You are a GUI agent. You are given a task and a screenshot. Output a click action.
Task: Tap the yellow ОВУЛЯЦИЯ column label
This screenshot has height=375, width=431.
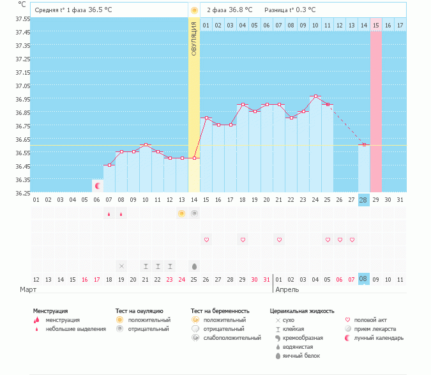(194, 38)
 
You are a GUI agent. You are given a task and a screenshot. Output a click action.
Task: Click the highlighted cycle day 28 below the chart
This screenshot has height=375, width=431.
(363, 200)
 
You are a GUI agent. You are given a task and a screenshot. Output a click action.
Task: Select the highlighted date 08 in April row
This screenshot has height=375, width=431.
(363, 279)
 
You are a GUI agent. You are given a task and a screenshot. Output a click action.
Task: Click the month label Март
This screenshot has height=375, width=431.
(28, 289)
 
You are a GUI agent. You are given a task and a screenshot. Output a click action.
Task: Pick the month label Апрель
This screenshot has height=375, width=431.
(287, 289)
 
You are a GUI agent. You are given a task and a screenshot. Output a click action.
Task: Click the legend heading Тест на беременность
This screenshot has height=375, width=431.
(220, 311)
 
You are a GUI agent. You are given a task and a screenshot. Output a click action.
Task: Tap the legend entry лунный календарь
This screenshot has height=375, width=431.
(379, 337)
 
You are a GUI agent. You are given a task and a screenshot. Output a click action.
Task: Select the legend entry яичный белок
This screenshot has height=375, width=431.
(301, 355)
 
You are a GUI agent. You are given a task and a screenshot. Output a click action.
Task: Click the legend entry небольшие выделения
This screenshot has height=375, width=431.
(75, 328)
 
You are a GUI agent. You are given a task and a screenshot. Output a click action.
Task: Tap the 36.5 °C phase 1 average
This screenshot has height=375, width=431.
(100, 10)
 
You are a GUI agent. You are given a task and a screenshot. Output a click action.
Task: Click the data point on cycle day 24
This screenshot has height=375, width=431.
(315, 96)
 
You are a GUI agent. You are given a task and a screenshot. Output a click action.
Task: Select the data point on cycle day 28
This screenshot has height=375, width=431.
(363, 145)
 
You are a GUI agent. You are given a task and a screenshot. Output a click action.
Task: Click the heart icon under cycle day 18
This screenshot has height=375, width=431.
(243, 240)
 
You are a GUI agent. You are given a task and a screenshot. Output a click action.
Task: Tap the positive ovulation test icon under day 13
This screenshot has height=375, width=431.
(182, 213)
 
